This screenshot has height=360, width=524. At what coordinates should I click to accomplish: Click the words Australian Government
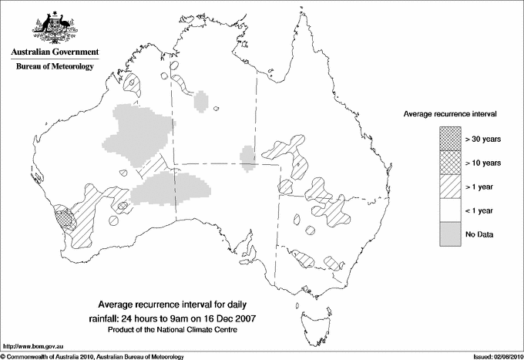tap(54, 52)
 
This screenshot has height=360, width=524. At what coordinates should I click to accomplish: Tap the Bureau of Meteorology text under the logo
tap(54, 67)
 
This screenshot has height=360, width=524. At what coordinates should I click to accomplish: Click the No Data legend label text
tap(480, 234)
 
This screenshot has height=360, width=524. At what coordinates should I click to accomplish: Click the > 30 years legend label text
tap(482, 138)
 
